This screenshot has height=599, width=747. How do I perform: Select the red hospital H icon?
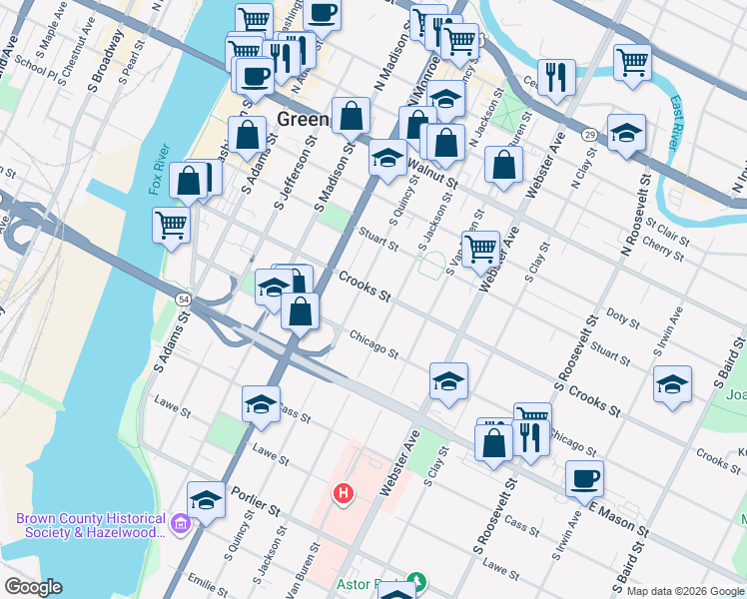point(344,493)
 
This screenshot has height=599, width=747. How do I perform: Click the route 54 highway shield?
point(183,299)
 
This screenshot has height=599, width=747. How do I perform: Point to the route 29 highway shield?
point(591,134)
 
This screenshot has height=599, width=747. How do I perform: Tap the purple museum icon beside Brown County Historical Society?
point(180,522)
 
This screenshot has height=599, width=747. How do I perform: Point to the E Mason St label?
point(619,517)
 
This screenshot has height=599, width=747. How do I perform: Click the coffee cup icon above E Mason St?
point(584,477)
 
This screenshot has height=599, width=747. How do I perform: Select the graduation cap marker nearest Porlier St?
point(206,498)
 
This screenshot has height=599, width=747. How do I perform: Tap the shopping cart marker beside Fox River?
point(172,224)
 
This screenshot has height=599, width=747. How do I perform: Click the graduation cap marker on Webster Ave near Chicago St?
point(448,380)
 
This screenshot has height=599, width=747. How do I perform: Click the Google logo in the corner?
point(33,587)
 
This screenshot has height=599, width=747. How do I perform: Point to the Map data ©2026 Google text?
point(684,591)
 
